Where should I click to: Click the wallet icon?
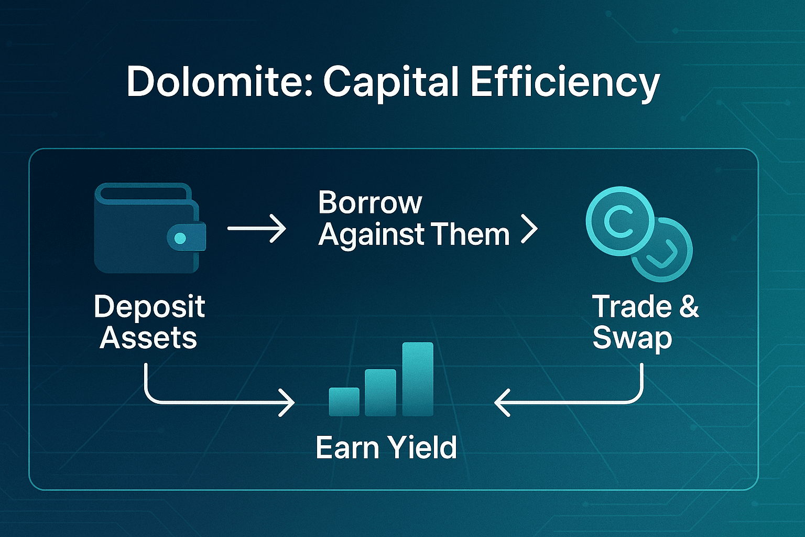coord(150,228)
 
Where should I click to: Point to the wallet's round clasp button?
coord(180,238)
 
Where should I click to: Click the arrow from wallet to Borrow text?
coord(257,229)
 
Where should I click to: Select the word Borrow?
coord(370,202)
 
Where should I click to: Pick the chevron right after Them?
coord(529,229)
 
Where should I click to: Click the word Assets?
coord(148,338)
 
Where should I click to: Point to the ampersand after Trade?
coord(689,306)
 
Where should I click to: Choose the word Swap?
coord(632,339)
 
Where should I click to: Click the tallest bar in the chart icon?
coord(418,379)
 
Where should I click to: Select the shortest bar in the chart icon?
coord(344,402)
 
